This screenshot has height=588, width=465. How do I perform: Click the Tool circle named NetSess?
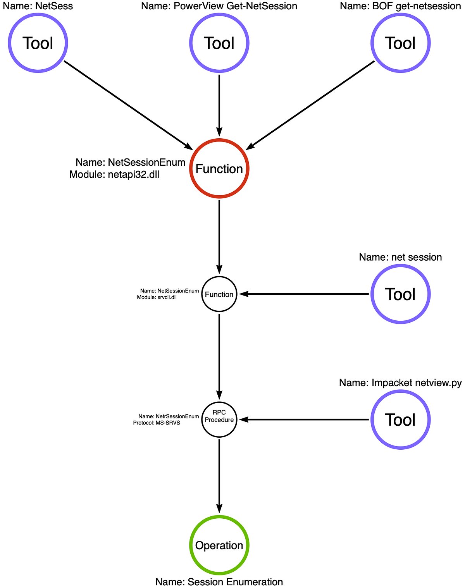(x=38, y=43)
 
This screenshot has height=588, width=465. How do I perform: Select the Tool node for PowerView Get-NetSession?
(x=219, y=43)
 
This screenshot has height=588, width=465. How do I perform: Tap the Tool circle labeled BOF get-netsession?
(x=400, y=43)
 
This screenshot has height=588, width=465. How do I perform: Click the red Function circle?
(x=219, y=169)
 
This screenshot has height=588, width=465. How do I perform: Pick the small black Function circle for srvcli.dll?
(x=219, y=294)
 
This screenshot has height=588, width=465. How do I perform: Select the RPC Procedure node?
(x=219, y=420)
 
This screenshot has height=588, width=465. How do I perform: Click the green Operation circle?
(x=219, y=545)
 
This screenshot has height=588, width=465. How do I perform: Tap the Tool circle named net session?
(x=400, y=294)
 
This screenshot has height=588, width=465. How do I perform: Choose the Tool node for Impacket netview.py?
(x=400, y=420)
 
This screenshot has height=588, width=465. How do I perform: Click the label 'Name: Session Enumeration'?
(x=219, y=582)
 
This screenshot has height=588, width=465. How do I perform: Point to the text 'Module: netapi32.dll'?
(x=114, y=175)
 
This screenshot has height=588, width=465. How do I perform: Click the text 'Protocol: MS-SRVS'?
(x=157, y=423)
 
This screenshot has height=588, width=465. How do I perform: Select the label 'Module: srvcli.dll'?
(x=157, y=297)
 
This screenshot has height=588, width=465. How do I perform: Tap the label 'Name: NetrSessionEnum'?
(x=169, y=416)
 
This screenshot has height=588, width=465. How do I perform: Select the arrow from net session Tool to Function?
(x=304, y=294)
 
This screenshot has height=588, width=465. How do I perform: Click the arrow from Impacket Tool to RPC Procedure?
(x=304, y=420)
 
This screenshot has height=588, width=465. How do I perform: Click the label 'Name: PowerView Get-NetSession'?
(x=219, y=6)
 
